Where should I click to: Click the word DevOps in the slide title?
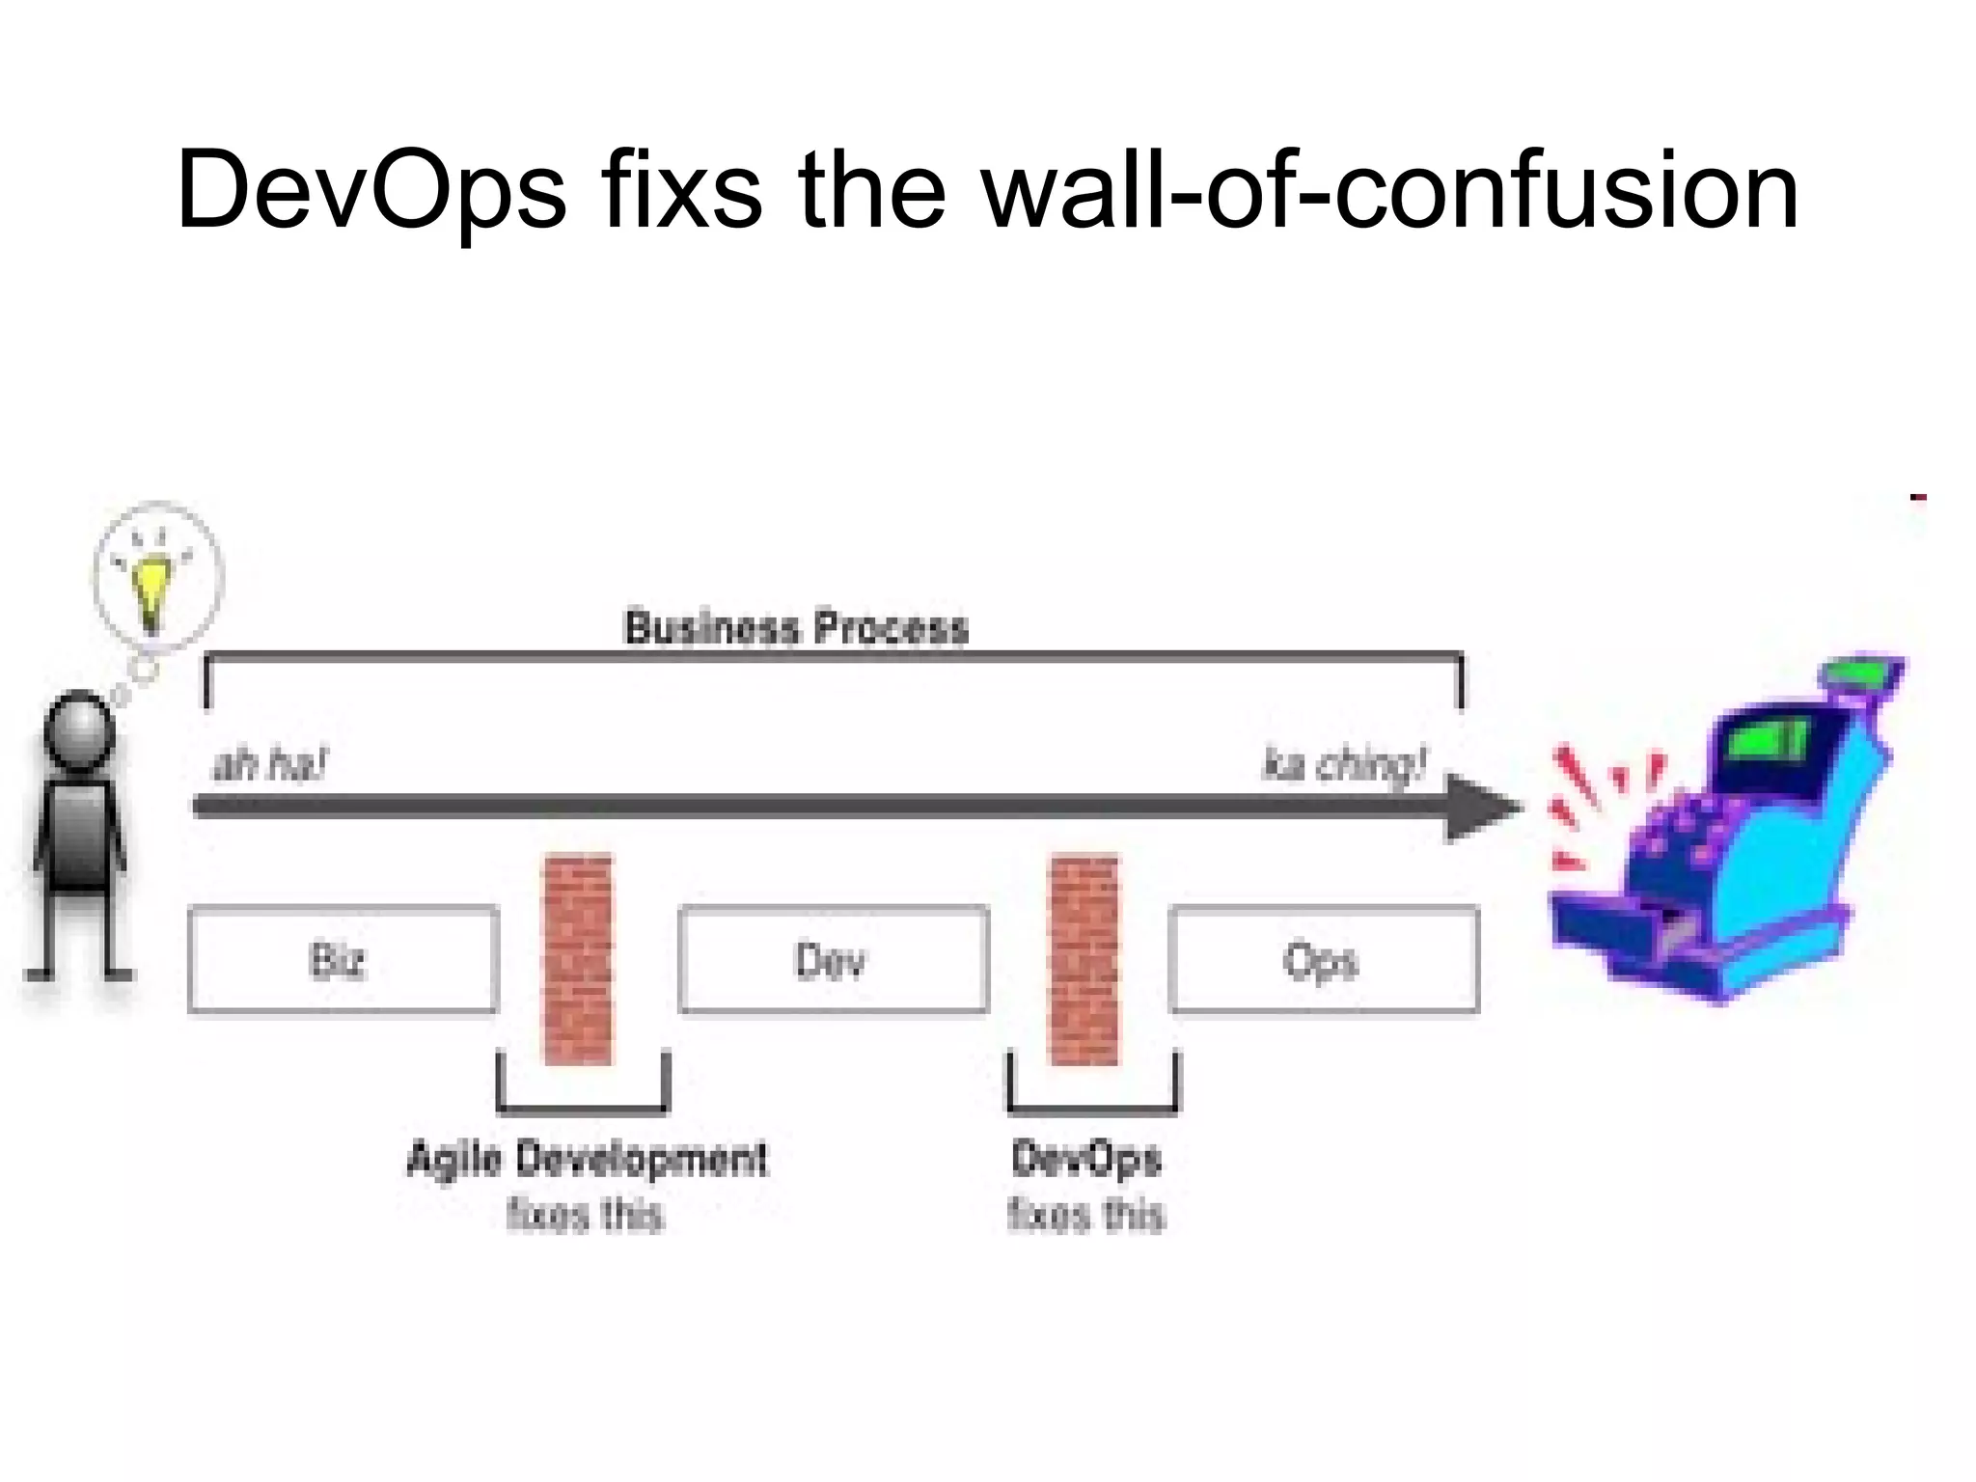370,191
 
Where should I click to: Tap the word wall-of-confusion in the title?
1389,191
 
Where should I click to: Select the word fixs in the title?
681,191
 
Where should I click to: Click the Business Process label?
796,628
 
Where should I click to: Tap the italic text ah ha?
269,765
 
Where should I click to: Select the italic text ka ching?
1343,765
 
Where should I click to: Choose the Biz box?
343,960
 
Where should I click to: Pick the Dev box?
834,960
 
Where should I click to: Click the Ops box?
1323,960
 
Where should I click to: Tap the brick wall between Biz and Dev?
578,960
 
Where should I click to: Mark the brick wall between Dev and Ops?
1084,960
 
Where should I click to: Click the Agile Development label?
587,1159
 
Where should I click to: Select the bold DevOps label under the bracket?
1086,1159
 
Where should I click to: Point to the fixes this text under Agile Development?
586,1215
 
